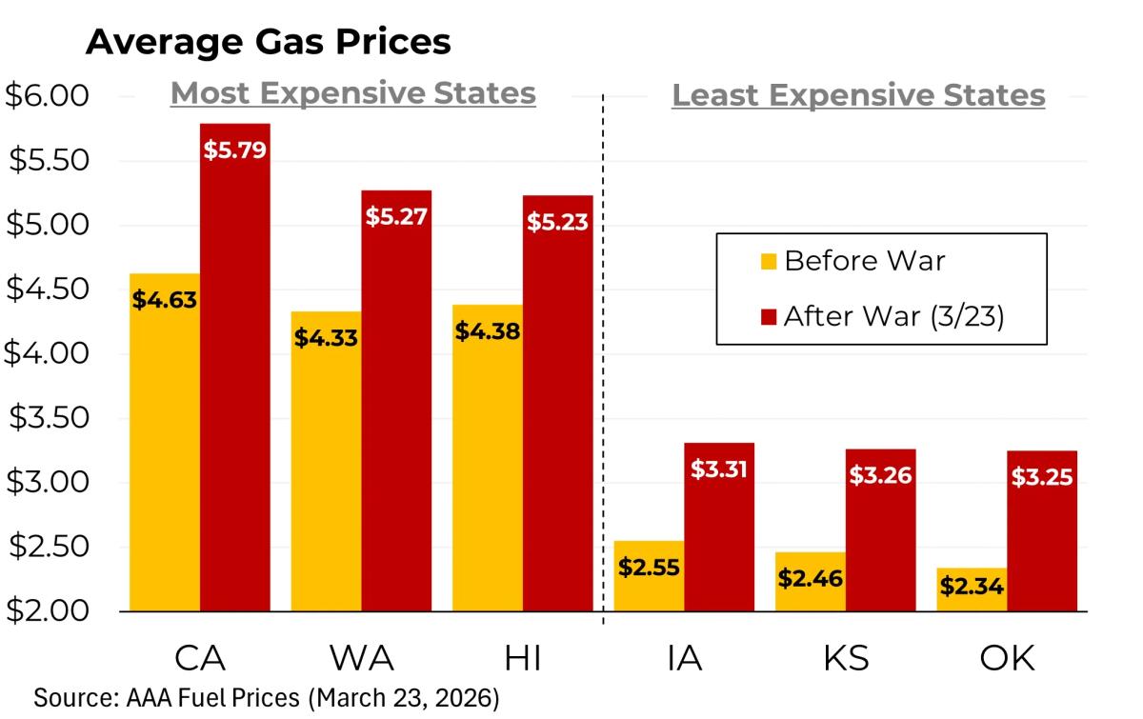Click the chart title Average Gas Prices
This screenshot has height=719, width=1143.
(x=268, y=42)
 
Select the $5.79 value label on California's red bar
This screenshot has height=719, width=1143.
(x=234, y=150)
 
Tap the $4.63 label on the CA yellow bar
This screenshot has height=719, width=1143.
(x=165, y=301)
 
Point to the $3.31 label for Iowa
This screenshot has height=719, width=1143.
(x=719, y=469)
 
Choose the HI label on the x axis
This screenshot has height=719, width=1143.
(x=523, y=658)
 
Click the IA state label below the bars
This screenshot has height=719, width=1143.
(x=685, y=658)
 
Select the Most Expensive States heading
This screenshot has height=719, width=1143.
(x=352, y=94)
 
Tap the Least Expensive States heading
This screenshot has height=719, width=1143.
(x=858, y=96)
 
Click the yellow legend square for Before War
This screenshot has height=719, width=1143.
(x=770, y=261)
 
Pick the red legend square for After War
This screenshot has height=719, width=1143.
(x=770, y=316)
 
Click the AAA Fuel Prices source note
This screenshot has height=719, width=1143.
(x=266, y=697)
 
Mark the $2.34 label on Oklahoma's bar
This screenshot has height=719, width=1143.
(x=972, y=586)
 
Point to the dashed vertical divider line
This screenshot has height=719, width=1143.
(x=603, y=381)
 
